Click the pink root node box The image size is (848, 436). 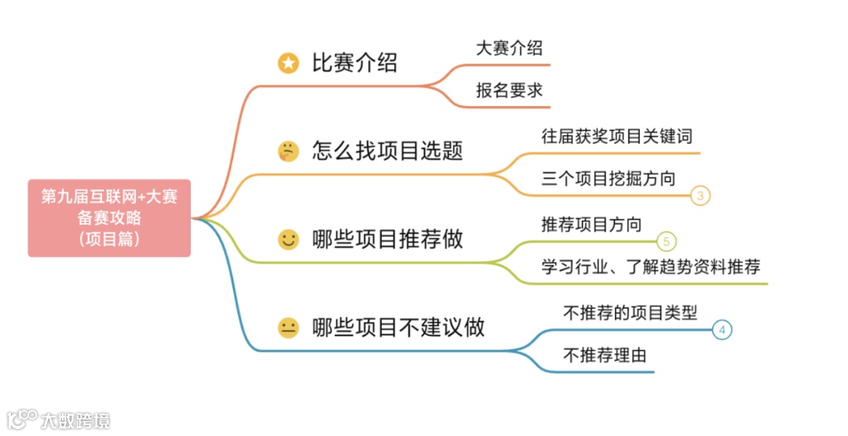(x=109, y=218)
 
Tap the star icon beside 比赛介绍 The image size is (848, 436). (x=289, y=64)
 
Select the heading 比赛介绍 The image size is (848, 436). (x=355, y=63)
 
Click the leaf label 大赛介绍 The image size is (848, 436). (x=509, y=48)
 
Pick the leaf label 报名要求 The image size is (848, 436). (x=509, y=90)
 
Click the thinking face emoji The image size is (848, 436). (x=289, y=151)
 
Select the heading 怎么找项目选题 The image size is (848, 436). (x=387, y=150)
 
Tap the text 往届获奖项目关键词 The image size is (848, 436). (x=617, y=136)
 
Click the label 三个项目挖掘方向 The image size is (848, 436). (x=609, y=178)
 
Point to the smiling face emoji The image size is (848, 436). (x=289, y=240)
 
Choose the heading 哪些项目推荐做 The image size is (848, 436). (x=387, y=239)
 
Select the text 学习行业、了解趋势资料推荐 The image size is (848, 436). (x=651, y=267)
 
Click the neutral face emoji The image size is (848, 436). (x=289, y=328)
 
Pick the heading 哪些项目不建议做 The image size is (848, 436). (x=398, y=327)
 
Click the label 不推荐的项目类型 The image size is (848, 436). (x=631, y=313)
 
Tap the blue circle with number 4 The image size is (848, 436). (x=722, y=330)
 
